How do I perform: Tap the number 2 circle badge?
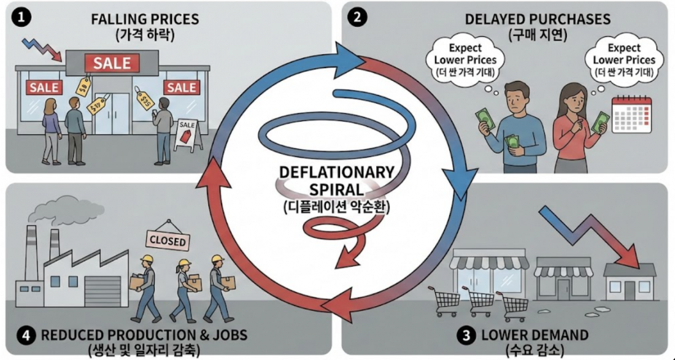[x=357, y=18]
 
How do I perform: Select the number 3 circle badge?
[x=466, y=335]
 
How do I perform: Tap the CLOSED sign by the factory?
[x=165, y=240]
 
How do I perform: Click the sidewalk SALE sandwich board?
[x=187, y=134]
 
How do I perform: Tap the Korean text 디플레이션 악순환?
[x=337, y=207]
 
